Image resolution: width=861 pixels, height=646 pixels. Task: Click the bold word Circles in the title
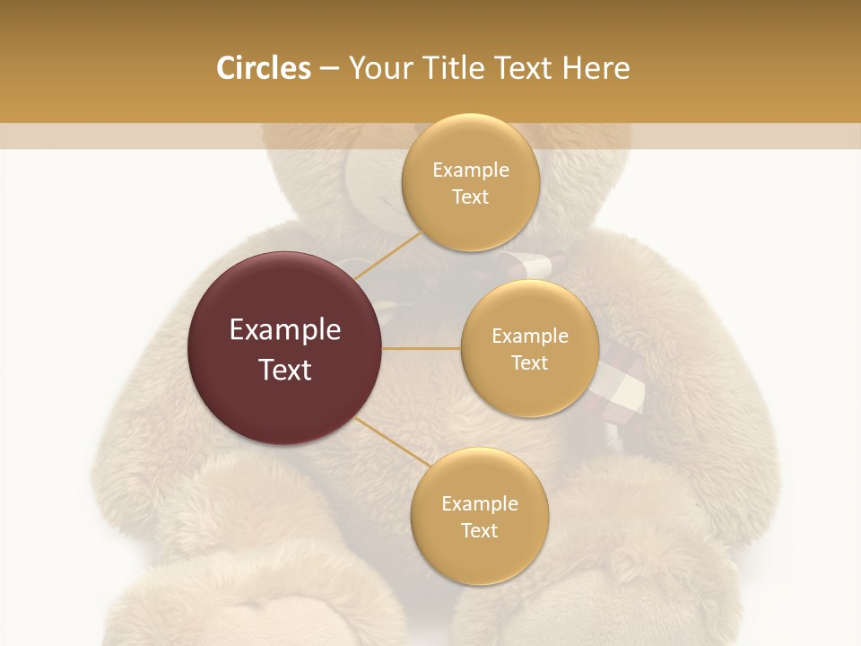click(x=263, y=68)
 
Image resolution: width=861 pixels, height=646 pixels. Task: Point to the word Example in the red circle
click(x=285, y=330)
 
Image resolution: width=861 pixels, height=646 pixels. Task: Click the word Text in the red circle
click(x=285, y=370)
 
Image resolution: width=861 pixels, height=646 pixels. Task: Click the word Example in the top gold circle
click(x=470, y=170)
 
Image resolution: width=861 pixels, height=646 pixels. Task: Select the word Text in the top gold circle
click(x=470, y=197)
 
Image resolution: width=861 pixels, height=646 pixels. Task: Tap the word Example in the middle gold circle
click(x=529, y=336)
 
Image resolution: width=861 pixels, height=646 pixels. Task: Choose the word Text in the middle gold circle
click(x=529, y=363)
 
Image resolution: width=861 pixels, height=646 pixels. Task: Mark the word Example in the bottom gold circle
click(x=479, y=504)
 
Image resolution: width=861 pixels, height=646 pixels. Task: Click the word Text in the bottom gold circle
click(x=479, y=531)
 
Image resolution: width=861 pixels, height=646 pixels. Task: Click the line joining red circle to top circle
click(x=387, y=256)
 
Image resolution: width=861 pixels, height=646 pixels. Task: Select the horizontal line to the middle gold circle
click(x=422, y=348)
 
